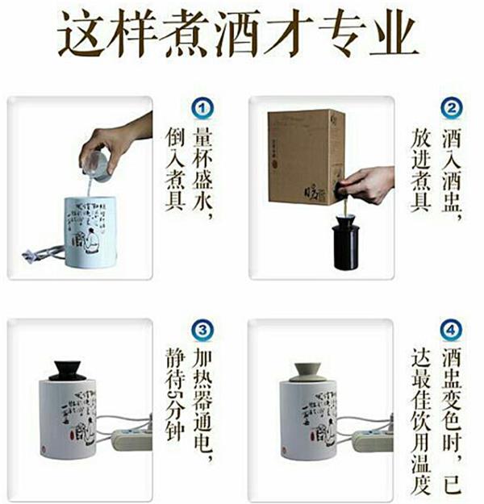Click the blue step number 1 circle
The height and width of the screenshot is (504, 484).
coord(202,109)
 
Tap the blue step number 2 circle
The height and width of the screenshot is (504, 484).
coord(452,108)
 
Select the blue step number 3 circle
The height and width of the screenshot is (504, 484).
coord(202,330)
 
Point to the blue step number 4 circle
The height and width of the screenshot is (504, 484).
coord(451,330)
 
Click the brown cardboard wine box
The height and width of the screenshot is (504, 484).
coord(306,156)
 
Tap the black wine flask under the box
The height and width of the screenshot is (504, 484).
coord(345,242)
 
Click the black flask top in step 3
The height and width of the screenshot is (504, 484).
coord(67,371)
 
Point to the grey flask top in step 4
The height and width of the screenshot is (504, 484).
coord(307,373)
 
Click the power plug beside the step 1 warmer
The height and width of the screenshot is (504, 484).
coord(30,256)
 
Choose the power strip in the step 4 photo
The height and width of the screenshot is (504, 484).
coord(373,441)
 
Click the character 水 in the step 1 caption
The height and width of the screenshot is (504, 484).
coord(202,202)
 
